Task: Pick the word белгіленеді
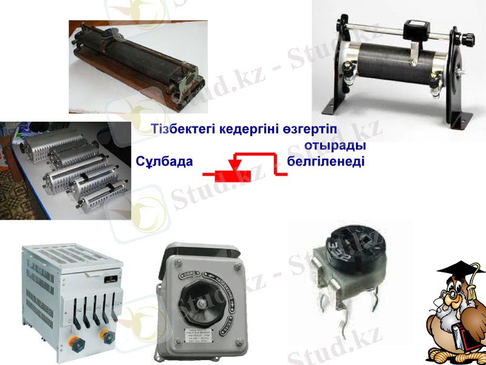click(x=325, y=162)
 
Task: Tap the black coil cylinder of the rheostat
click(x=389, y=61)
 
